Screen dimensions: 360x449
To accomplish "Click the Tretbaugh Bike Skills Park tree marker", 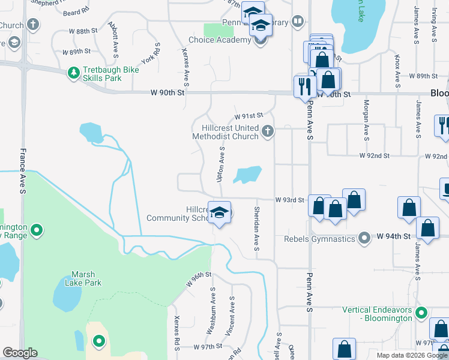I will coord(74,73).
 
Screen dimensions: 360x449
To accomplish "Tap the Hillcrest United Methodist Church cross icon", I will coord(268,130).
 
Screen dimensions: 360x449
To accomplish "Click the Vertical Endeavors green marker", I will coord(422,313).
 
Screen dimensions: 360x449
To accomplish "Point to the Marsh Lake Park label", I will coord(83,279).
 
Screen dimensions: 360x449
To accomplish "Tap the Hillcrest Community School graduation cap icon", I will coord(220,213).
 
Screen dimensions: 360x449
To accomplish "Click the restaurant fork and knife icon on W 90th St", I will coord(303,86).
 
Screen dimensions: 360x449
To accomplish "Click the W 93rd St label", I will coord(290,199).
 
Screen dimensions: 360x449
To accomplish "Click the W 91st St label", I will coord(249,115).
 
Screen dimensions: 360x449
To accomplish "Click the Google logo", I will coord(20,353).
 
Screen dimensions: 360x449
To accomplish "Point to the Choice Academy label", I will coord(219,40).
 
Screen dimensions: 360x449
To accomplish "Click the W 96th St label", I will coord(199,279).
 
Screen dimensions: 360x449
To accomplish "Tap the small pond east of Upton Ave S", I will coord(249,175).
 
